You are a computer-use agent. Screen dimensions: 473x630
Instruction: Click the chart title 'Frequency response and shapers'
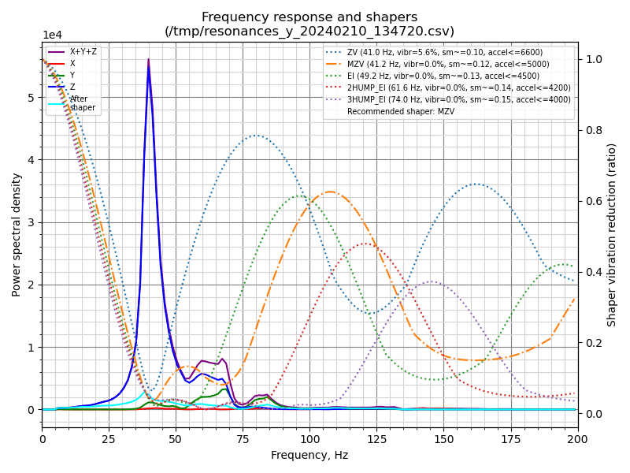point(309,17)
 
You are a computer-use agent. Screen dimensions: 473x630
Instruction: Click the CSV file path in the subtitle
point(309,32)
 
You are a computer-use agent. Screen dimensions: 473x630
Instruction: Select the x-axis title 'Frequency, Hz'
point(309,455)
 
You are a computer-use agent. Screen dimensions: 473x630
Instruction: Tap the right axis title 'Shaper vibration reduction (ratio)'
point(612,234)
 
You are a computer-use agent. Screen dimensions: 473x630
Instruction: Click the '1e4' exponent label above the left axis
point(52,35)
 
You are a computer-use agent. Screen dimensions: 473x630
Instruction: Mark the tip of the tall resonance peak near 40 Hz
point(148,59)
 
